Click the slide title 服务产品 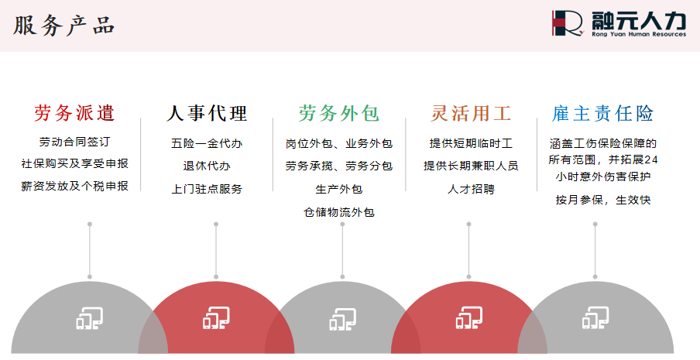(x=63, y=25)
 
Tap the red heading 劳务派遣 (x=74, y=113)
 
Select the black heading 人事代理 (x=207, y=113)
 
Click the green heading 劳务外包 (x=339, y=113)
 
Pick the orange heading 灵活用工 (x=471, y=113)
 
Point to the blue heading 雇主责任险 (x=602, y=113)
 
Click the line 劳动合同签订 (x=74, y=142)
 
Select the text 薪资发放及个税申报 (x=74, y=186)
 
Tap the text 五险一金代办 (x=207, y=143)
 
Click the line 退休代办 (x=207, y=166)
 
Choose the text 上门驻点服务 (x=207, y=189)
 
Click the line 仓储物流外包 (x=339, y=212)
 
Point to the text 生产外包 (x=339, y=189)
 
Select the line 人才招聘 (x=471, y=189)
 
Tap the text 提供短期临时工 (x=471, y=143)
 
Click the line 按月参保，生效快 (x=602, y=200)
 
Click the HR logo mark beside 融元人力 (x=568, y=23)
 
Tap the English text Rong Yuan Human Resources (x=639, y=34)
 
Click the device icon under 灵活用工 (x=468, y=318)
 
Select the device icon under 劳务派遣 (x=90, y=318)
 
